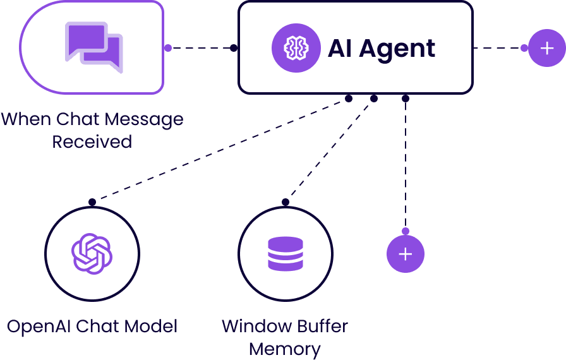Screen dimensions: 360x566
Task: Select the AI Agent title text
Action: (381, 48)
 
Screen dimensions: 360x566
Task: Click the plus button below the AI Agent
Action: (405, 254)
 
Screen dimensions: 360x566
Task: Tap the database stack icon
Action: (285, 253)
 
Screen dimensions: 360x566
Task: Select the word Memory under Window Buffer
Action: (285, 348)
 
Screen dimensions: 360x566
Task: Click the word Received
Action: (92, 141)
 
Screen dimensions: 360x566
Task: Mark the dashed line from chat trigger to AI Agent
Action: (201, 48)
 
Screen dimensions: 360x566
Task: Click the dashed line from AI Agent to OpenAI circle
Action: (221, 150)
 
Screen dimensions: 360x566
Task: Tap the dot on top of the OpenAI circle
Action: (92, 202)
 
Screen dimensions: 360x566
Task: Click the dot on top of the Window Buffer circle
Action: (285, 202)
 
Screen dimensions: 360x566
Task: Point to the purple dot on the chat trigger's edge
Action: (167, 48)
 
